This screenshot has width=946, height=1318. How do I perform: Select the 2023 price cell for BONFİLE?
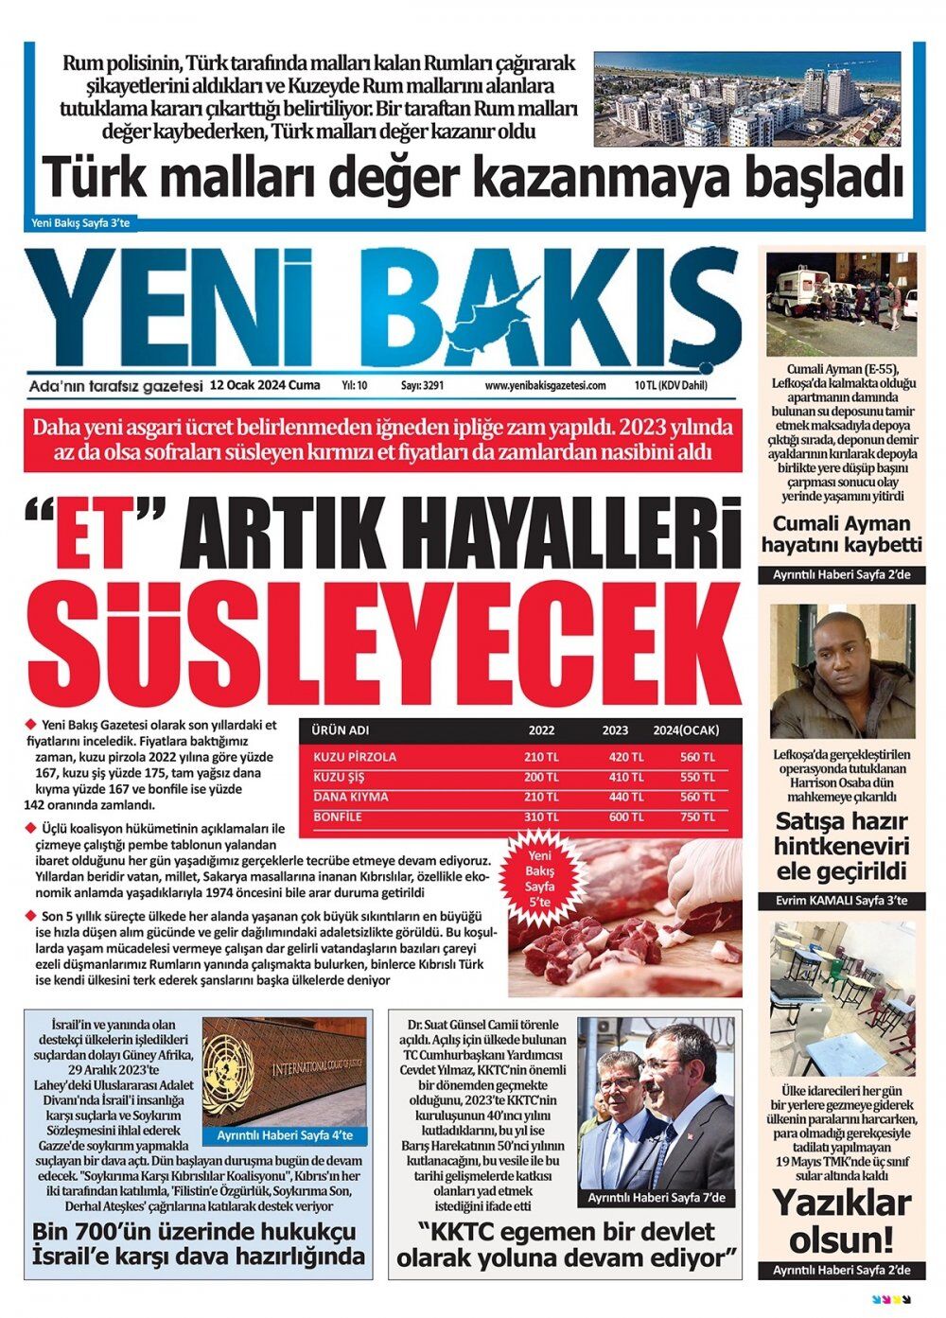(x=624, y=817)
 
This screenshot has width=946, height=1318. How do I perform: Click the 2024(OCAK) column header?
(x=686, y=730)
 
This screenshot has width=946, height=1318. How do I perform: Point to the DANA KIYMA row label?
(x=351, y=797)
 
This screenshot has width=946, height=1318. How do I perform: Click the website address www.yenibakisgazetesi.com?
(x=545, y=386)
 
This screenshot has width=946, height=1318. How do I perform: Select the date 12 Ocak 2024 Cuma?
(x=266, y=386)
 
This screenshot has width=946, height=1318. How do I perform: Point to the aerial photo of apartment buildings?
(x=746, y=98)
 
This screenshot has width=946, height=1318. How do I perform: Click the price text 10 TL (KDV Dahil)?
(x=671, y=386)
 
